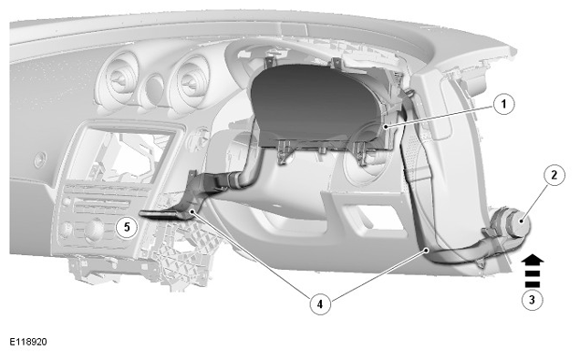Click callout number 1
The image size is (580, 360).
tap(503, 104)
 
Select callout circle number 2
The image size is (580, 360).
tap(554, 175)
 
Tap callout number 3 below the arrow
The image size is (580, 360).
tap(533, 299)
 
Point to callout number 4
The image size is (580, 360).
tap(320, 303)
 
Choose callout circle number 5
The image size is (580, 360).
tap(127, 227)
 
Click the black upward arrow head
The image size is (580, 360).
tap(533, 260)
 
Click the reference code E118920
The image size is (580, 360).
tap(28, 342)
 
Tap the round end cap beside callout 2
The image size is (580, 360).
tap(519, 222)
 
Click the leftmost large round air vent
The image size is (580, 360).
tap(118, 80)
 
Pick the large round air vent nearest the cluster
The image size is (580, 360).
tap(189, 85)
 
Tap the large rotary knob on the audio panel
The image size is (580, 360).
tap(95, 230)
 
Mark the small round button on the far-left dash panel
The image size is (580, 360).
tap(39, 159)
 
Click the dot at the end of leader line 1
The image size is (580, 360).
tap(386, 127)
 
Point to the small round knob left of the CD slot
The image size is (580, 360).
tap(67, 201)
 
